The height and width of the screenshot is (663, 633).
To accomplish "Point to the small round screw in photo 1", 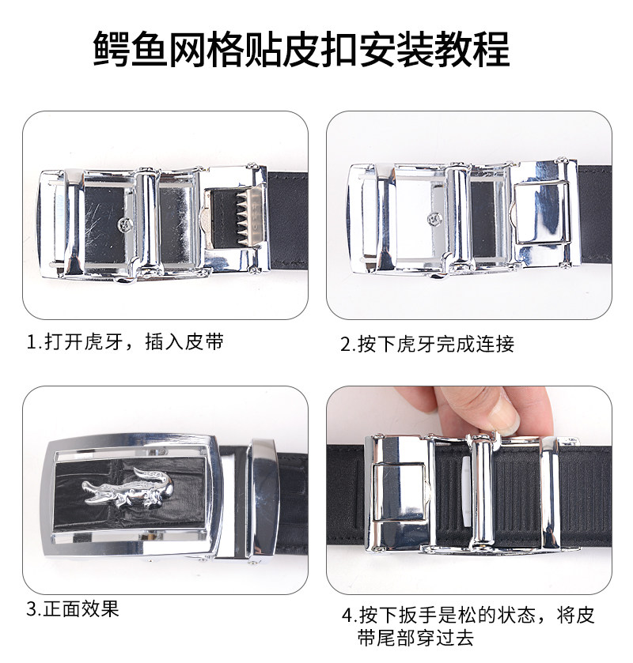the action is [x=125, y=224].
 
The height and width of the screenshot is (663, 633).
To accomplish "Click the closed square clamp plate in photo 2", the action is [x=541, y=213].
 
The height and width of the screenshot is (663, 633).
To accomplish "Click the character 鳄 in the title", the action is [x=112, y=49].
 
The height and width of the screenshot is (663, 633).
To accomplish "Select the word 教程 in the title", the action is [x=472, y=49].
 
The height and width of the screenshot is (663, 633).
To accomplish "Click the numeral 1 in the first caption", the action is [x=31, y=341].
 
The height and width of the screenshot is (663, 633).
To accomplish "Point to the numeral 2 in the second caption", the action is [x=346, y=345].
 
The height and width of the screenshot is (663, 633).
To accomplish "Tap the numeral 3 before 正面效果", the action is [x=32, y=609].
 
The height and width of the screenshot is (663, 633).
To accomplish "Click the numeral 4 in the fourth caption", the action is [x=347, y=616].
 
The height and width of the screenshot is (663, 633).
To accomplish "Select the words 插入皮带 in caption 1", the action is [x=184, y=341].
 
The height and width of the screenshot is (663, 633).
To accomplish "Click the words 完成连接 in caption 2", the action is [x=475, y=345].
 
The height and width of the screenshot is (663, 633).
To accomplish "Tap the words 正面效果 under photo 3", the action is [x=81, y=609].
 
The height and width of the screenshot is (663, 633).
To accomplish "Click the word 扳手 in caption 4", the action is [x=418, y=616].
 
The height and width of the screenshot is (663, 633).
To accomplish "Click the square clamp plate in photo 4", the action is [x=398, y=492].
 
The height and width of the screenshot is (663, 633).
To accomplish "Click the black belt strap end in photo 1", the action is [x=288, y=220].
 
